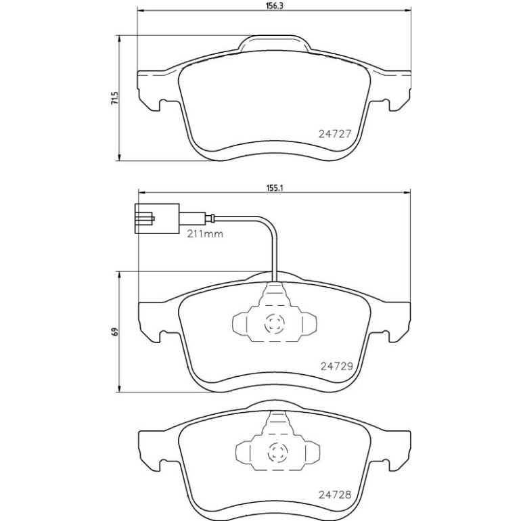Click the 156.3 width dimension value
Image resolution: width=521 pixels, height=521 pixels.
coord(274,6)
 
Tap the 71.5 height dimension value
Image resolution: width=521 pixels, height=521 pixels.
coord(114,98)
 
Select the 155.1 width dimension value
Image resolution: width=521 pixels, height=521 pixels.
coord(274,187)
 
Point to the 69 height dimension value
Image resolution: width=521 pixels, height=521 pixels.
coord(114,332)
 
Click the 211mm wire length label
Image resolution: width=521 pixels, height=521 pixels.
coord(205,234)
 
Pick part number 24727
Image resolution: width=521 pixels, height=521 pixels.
coord(335,134)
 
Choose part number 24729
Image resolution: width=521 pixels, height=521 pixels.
coord(336,366)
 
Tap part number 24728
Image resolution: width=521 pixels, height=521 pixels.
coord(335,495)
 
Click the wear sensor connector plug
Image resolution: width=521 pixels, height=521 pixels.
coord(157,219)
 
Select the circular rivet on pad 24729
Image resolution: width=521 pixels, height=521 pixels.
coord(275,324)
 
